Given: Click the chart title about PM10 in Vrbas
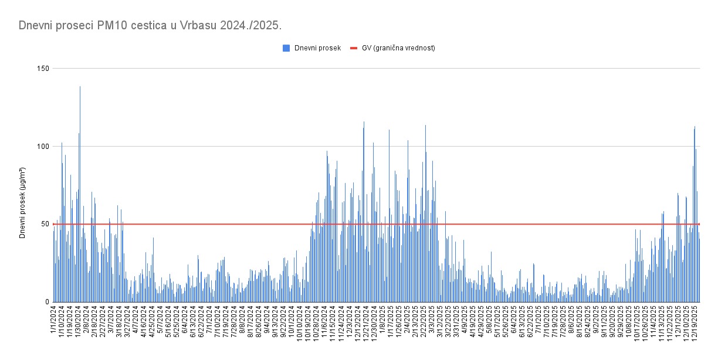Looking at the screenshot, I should [x=150, y=26].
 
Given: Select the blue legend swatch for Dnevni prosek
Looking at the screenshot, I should [x=286, y=48].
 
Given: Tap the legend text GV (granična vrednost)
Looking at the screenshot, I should [x=398, y=48].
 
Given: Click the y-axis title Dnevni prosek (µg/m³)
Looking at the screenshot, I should [x=23, y=202].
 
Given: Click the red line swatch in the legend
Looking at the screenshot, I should [x=354, y=48].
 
